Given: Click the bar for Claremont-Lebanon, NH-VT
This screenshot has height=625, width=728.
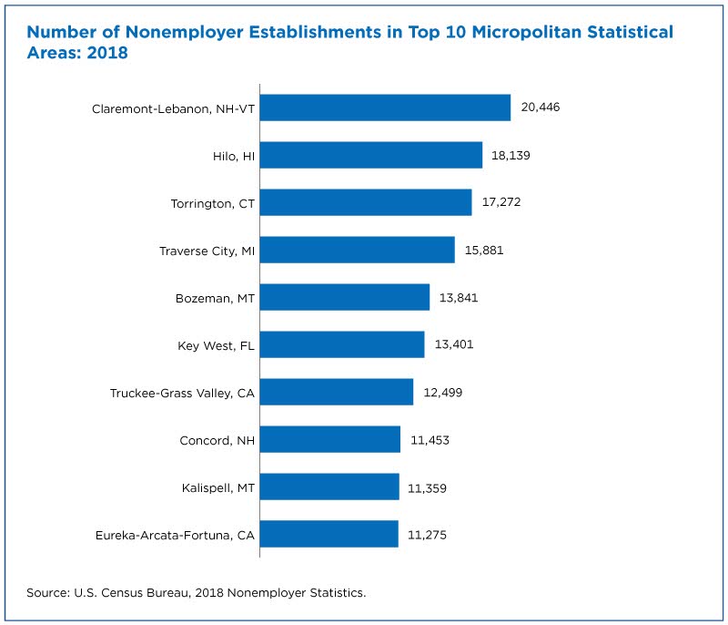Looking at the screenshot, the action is click(385, 108).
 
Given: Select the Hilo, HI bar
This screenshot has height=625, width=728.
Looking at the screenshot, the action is click(371, 155).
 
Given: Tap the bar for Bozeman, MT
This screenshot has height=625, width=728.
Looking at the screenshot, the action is click(345, 297).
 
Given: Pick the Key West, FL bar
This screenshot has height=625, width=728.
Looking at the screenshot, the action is click(342, 344).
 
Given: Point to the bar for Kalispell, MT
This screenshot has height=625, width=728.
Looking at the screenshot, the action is click(329, 487).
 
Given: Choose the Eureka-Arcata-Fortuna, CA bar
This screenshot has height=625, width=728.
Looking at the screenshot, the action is click(329, 534).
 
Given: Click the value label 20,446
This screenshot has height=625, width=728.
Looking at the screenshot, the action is click(541, 108).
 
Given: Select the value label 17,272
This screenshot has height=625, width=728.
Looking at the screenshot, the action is click(501, 202).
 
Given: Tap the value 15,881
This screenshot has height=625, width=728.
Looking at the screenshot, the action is click(484, 251).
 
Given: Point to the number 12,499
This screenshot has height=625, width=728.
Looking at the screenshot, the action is click(443, 393).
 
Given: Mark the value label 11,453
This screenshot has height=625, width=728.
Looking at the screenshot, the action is click(430, 440).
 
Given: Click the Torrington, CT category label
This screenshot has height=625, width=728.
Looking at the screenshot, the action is click(213, 204).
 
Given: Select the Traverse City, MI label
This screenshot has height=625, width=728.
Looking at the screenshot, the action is click(207, 251).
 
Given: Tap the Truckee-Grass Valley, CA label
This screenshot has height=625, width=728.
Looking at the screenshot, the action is click(183, 394).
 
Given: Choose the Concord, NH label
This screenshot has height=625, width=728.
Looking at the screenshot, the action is click(217, 441).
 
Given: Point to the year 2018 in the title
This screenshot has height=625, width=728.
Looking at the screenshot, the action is click(107, 53).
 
